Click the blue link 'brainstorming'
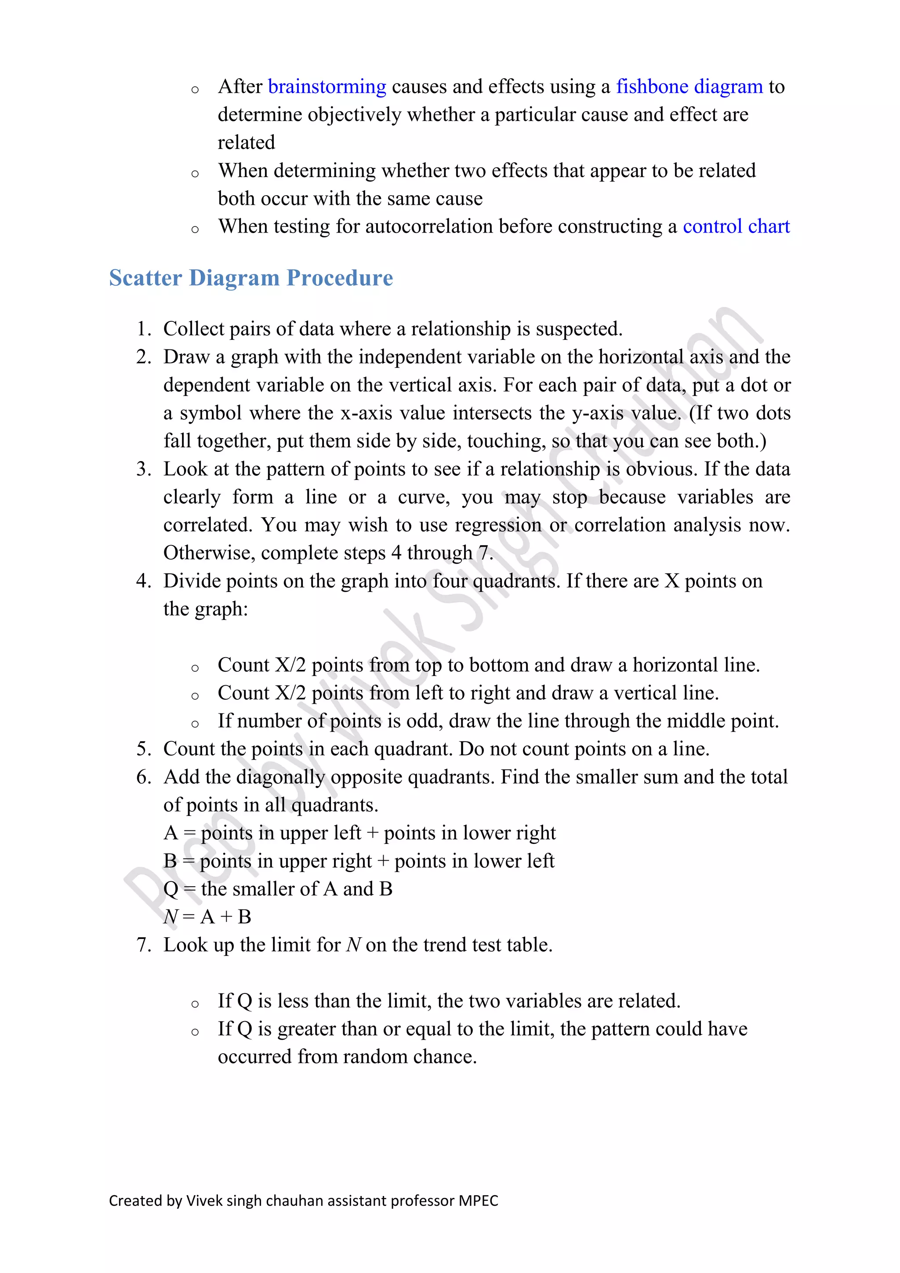click(x=327, y=87)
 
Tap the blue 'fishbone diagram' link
click(x=690, y=87)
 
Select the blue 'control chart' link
click(x=736, y=227)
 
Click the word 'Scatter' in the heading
click(x=145, y=278)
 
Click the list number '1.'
click(x=144, y=329)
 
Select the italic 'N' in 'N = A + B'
click(x=170, y=917)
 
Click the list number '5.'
click(x=144, y=749)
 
